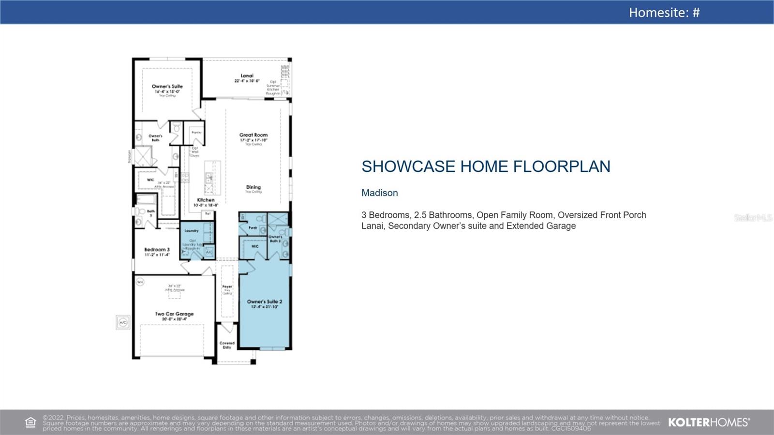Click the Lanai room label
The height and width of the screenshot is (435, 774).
click(247, 76)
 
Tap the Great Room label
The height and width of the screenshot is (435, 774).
click(253, 135)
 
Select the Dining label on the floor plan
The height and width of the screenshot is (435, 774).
click(253, 187)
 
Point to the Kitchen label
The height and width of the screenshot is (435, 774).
click(206, 200)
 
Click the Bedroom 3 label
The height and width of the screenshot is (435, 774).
click(157, 250)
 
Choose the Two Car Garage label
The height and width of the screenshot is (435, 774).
click(174, 314)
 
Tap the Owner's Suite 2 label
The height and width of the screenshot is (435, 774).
click(264, 302)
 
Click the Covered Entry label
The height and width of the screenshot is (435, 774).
click(227, 345)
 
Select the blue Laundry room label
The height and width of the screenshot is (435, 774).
click(192, 231)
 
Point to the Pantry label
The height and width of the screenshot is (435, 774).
click(196, 133)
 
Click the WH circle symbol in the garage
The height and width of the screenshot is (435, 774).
click(140, 282)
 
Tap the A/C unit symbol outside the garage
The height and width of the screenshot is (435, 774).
click(123, 322)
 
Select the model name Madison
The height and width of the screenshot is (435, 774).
click(379, 193)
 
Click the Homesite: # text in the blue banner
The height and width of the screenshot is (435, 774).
click(664, 12)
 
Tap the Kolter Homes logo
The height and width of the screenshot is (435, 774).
click(709, 422)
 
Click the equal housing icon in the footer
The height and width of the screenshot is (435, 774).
click(30, 422)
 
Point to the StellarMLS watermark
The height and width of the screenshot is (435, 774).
click(753, 218)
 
